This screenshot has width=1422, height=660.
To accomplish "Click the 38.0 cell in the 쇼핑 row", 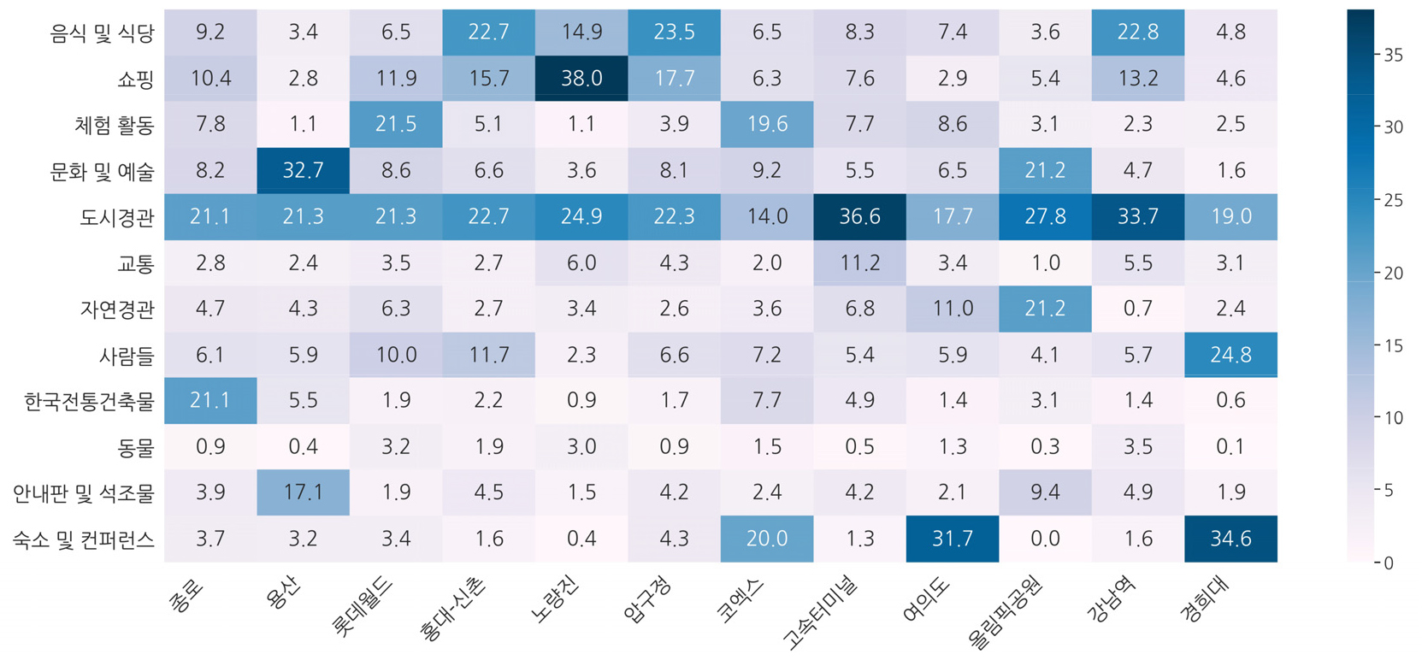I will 581,79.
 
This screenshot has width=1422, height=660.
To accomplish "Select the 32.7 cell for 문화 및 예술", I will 303,170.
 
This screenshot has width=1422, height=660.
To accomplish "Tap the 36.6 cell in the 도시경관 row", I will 859,216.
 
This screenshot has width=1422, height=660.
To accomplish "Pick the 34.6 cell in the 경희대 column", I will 1230,539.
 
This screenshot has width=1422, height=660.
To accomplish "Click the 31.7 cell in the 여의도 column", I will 952,539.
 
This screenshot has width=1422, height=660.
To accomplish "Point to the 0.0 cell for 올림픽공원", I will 1045,539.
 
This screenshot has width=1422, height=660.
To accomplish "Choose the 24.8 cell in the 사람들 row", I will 1230,355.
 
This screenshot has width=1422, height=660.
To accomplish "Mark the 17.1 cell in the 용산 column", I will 303,492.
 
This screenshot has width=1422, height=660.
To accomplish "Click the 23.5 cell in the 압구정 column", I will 674,32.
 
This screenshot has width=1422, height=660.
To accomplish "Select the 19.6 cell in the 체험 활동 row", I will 767,125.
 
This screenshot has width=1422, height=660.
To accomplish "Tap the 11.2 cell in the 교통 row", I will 859,262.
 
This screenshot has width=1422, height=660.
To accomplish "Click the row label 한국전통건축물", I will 89,401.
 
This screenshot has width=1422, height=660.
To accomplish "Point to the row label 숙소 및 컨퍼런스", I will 83,539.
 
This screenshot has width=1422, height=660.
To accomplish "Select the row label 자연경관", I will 117,309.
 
